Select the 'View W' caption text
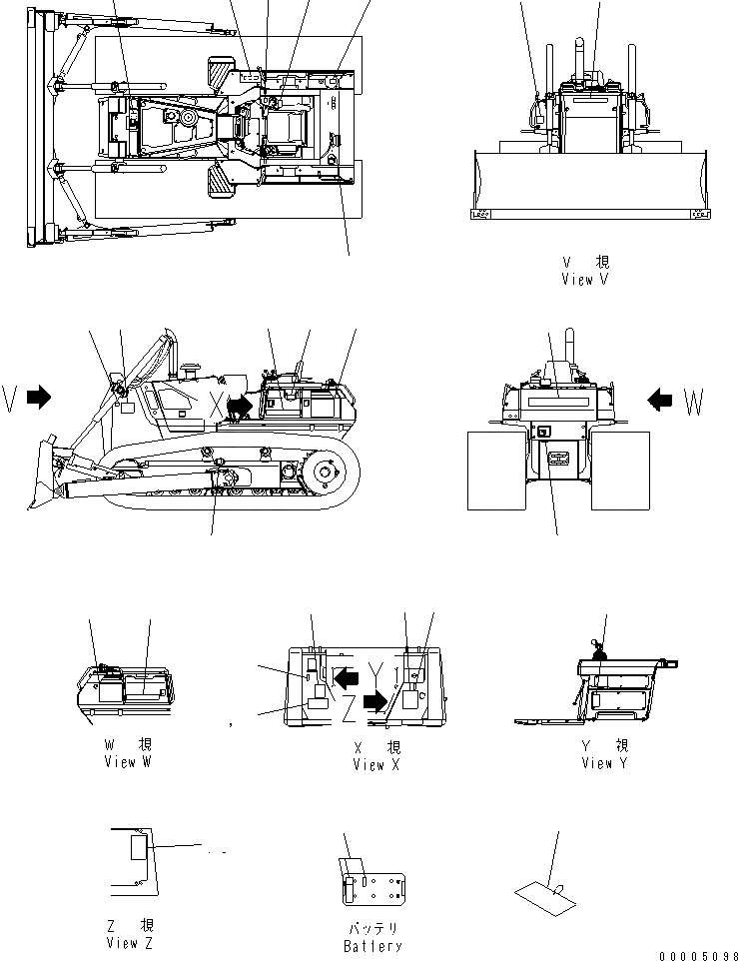coord(128,762)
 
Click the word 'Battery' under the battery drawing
coord(372,946)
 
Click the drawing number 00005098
coord(698,956)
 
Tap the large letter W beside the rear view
coord(695,403)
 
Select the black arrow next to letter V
coord(39,398)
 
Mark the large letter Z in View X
coord(348,704)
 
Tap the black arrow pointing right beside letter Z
coord(374,702)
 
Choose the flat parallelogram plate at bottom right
coord(546,890)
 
